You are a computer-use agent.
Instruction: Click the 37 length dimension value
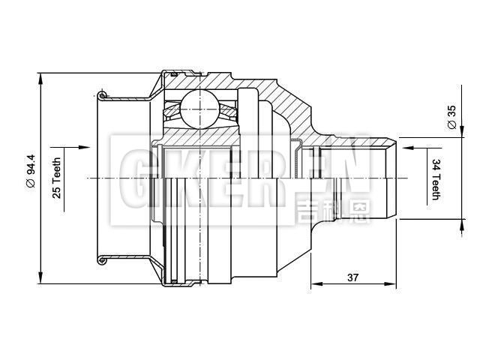click(352, 277)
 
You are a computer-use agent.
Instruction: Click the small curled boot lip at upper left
click(103, 94)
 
